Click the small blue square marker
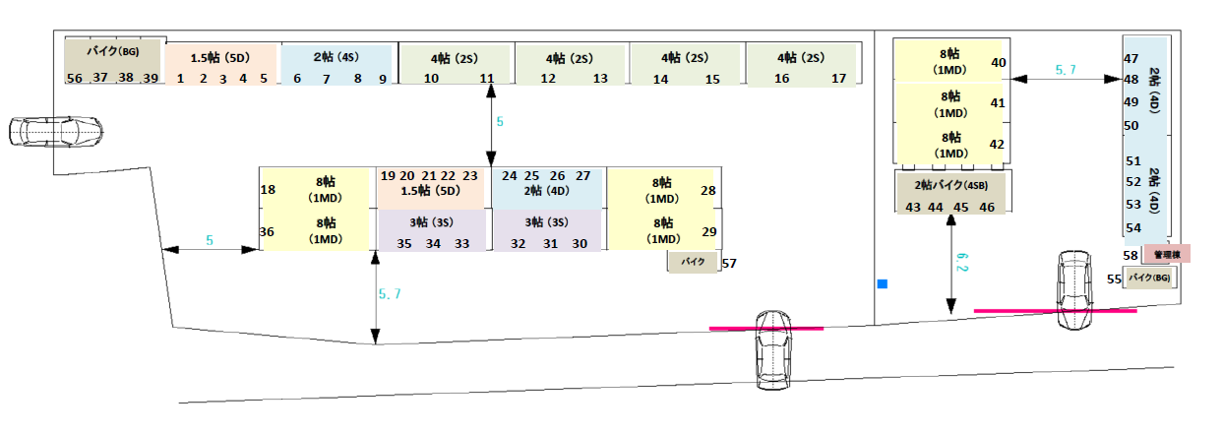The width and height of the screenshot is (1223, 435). (x=883, y=284)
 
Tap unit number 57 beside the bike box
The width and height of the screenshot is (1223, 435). (x=729, y=264)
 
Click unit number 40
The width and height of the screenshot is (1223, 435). (x=998, y=63)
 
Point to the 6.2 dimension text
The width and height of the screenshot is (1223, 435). (x=961, y=262)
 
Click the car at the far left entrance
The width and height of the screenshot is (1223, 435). (x=55, y=130)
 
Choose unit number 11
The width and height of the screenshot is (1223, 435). (x=487, y=79)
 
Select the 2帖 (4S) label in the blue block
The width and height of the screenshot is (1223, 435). (x=336, y=57)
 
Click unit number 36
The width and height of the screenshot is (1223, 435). (x=267, y=232)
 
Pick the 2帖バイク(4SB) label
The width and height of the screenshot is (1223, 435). (x=949, y=185)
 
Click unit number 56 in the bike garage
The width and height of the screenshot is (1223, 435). (x=75, y=78)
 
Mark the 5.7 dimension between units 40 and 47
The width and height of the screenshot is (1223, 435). (x=1066, y=70)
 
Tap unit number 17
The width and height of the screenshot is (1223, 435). (x=839, y=79)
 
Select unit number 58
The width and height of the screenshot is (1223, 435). (x=1131, y=255)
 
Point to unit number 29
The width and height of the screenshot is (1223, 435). (x=708, y=231)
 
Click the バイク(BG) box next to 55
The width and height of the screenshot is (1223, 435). (x=1150, y=279)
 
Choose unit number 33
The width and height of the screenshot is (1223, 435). (x=461, y=244)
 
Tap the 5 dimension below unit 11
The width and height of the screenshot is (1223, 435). (x=499, y=122)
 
